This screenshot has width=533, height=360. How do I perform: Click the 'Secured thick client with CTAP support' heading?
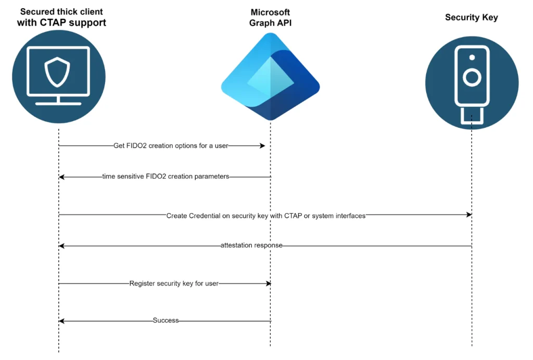tap(61, 17)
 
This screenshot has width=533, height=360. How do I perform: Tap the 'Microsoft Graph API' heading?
tap(270, 17)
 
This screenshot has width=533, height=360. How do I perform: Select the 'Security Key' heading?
tap(472, 17)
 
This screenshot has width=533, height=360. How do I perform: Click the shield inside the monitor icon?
tap(57, 72)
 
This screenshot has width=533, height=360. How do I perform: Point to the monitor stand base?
tap(58, 104)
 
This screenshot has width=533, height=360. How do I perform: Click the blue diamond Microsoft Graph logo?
tap(270, 77)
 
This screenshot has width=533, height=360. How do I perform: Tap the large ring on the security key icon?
tap(472, 78)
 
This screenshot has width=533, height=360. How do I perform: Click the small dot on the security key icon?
tap(472, 57)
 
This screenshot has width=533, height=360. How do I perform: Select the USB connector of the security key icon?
tap(472, 116)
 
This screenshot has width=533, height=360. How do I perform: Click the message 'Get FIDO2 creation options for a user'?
tap(171, 146)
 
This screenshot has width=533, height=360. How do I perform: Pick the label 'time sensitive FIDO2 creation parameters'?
tap(166, 177)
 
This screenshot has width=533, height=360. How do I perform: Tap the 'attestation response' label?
tap(251, 245)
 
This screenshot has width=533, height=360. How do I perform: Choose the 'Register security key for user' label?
tap(174, 283)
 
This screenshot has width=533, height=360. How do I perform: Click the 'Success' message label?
tap(166, 320)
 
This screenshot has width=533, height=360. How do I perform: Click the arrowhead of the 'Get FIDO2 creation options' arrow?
tap(262, 146)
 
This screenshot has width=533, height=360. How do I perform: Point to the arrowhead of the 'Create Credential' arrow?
tap(469, 215)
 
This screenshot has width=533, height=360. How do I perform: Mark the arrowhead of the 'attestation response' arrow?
tap(61, 246)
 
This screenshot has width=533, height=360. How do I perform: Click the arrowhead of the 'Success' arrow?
tap(61, 321)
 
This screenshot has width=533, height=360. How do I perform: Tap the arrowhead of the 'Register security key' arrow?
tap(269, 283)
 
